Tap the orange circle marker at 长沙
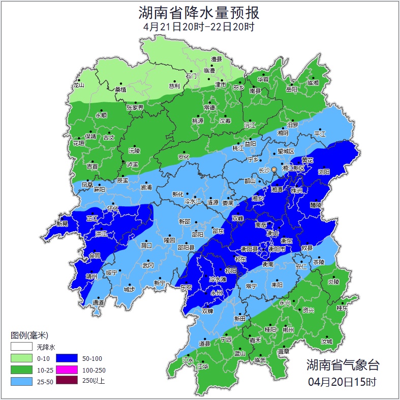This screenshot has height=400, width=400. click(274, 169)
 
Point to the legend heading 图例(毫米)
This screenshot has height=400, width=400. click(29, 335)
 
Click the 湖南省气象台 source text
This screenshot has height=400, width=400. click(343, 364)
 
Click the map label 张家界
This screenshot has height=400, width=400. click(135, 108)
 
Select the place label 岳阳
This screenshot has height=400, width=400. click(291, 89)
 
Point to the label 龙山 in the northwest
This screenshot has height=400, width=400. click(78, 85)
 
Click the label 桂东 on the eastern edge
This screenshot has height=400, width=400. click(343, 308)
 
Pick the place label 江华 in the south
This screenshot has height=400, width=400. click(203, 366)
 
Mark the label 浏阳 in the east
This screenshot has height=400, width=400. click(324, 172)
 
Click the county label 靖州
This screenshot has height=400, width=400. click(91, 276)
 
